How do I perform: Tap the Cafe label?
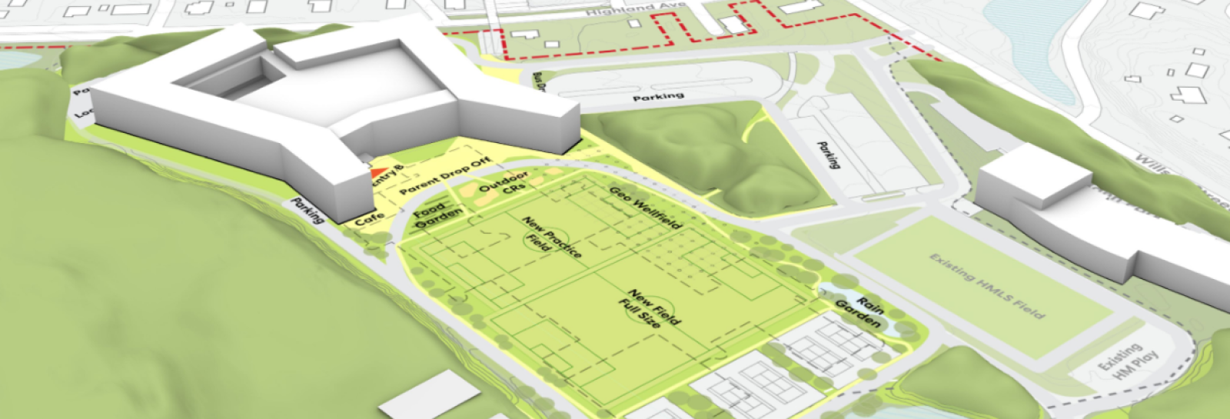(370, 218)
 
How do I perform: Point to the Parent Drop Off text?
(445, 176)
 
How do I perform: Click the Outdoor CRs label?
(504, 183)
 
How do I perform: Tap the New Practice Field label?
(551, 236)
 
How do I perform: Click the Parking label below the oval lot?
(658, 97)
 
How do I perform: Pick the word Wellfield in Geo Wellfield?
(657, 213)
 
